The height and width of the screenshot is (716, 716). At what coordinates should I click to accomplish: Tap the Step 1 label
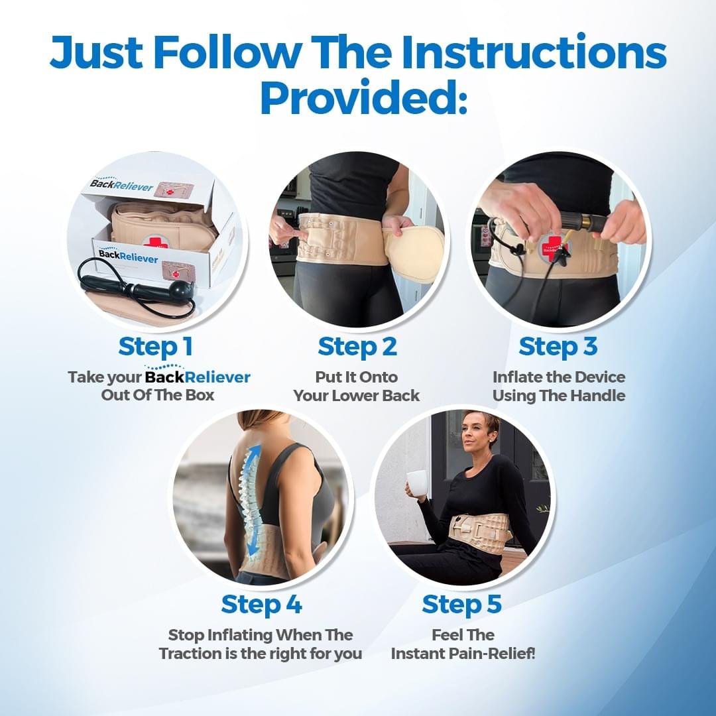[155, 347]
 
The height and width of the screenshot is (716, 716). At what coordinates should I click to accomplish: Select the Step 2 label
[357, 347]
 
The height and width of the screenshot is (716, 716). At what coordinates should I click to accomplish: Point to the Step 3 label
[558, 347]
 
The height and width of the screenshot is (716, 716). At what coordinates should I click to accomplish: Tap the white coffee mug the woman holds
[417, 483]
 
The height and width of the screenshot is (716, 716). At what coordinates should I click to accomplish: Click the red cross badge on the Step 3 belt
[552, 247]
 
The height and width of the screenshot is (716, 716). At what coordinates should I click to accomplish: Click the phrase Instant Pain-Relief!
[463, 654]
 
